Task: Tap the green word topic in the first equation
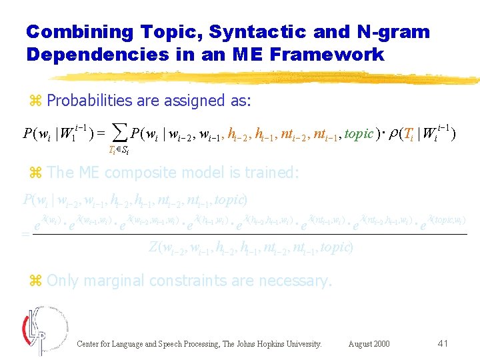359,134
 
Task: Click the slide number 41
443,343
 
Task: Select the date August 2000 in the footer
369,344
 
